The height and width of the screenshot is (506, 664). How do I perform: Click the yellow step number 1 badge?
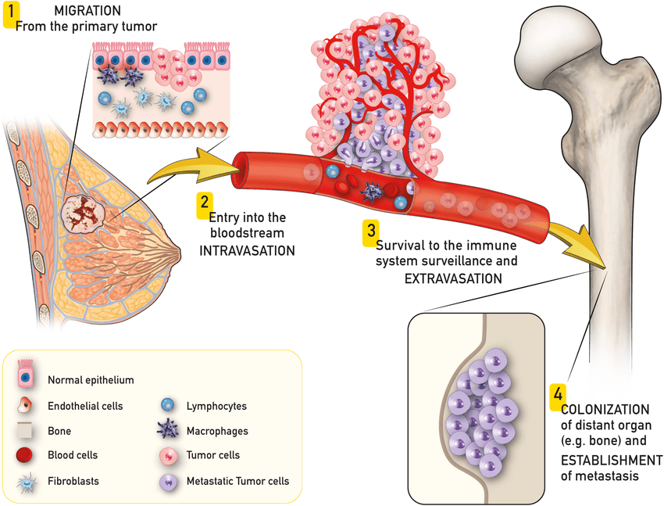(11, 14)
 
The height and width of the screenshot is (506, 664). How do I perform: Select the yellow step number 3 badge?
(370, 231)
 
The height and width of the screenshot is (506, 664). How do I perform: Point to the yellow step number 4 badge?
(558, 394)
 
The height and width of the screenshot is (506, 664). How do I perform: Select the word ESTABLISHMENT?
(612, 460)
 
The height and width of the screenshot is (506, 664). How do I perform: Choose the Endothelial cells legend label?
(85, 406)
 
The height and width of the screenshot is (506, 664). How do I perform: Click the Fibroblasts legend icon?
(25, 481)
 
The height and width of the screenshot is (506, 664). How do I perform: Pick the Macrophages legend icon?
(166, 430)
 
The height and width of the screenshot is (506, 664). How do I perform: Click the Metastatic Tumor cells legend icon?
(166, 481)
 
